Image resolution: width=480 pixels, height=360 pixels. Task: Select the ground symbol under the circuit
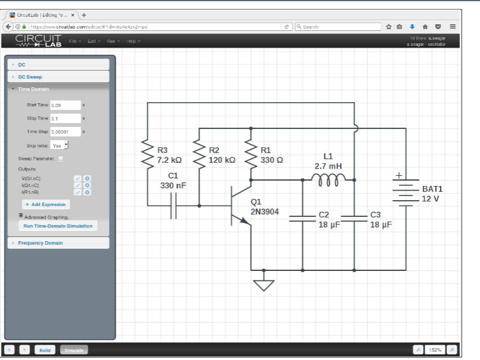[264, 285]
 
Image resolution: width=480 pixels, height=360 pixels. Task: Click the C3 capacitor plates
[354, 218]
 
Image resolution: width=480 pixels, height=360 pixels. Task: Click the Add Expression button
[46, 204]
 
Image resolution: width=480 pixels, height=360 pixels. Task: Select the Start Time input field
[65, 105]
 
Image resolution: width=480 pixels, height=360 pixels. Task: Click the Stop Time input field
[65, 118]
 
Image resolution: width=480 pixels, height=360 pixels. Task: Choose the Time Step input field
[65, 131]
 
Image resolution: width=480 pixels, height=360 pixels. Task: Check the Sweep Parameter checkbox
[61, 159]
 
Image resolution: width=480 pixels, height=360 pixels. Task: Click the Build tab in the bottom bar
[45, 350]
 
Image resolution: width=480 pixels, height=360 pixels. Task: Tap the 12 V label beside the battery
[432, 198]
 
